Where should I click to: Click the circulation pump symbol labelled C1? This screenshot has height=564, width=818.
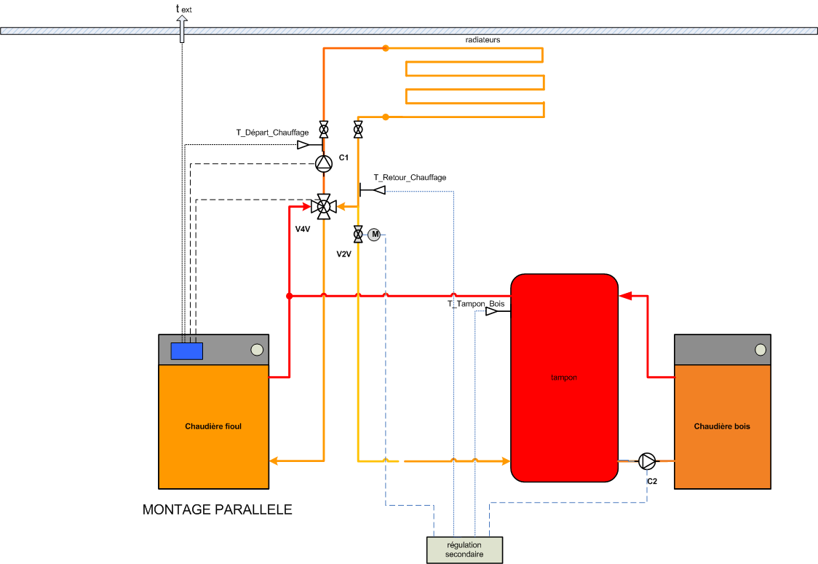[324, 162]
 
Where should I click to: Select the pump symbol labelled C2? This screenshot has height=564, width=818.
[647, 461]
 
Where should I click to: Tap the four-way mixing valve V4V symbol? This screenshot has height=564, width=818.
[324, 207]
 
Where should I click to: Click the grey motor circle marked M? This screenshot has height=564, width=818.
[374, 234]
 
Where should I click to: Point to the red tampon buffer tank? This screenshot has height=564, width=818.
[564, 377]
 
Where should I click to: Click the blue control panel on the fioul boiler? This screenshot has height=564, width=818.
[186, 351]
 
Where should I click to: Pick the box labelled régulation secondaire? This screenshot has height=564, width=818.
[464, 550]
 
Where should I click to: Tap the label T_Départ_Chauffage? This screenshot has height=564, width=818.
[271, 133]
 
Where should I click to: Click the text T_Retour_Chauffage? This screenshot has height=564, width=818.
[410, 177]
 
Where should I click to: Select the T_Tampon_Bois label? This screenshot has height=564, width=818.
[476, 303]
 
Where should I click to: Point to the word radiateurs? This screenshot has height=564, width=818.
[483, 39]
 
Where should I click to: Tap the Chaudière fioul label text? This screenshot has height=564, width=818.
[213, 426]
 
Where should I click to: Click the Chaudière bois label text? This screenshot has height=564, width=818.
[722, 426]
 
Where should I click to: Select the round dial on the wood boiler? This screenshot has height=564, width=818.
[760, 349]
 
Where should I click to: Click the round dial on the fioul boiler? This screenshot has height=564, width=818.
[257, 349]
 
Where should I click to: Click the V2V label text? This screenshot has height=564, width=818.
[344, 254]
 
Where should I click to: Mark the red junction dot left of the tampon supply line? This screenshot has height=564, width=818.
[289, 296]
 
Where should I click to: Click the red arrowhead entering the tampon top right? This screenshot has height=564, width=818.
[625, 296]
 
